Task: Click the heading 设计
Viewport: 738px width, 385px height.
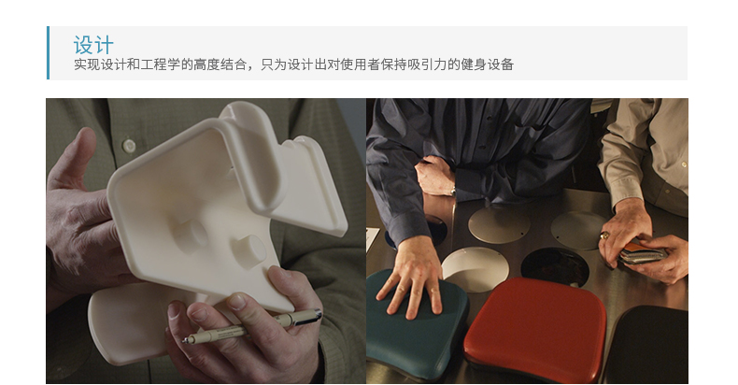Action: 93,45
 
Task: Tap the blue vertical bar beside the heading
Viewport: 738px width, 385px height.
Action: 48,52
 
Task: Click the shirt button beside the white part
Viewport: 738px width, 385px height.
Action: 129,146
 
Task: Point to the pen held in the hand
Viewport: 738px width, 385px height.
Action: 252,326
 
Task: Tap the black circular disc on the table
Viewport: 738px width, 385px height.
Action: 554,266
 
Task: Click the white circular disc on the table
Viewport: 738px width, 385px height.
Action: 475,268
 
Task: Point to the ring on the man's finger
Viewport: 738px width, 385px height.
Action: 604,236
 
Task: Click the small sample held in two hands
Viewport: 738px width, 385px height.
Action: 645,253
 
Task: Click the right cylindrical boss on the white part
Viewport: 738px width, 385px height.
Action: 250,249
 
